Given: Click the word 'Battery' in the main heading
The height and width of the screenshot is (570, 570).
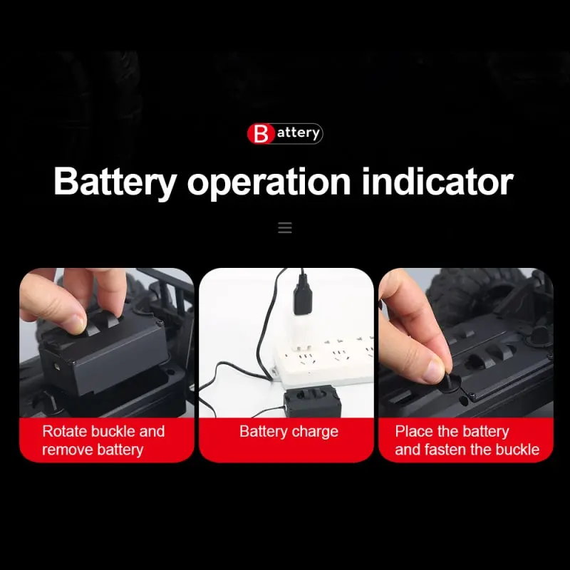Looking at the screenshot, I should click(114, 182).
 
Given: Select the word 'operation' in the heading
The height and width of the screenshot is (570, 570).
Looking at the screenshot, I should click(269, 182).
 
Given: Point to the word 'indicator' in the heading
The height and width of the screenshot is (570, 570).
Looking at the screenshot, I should click(437, 182).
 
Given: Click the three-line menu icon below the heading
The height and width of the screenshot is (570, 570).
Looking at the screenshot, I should click(285, 228).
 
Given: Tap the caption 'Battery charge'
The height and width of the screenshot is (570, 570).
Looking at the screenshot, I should click(289, 432).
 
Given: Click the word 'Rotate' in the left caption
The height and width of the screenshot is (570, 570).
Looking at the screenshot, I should click(66, 431).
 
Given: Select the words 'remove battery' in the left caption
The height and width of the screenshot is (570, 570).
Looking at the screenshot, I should click(93, 450).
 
